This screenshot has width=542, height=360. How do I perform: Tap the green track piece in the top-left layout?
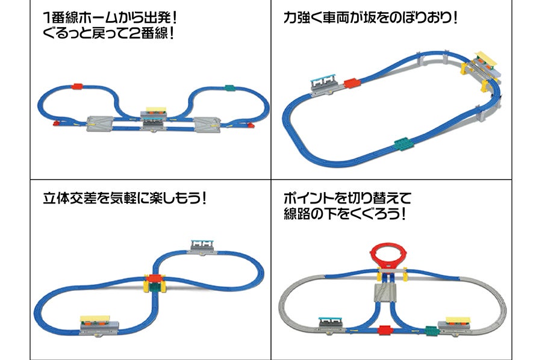point(229,87)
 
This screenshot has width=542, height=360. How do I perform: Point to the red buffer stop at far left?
point(57,123)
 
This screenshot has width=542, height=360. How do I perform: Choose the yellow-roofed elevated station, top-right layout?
point(485,61)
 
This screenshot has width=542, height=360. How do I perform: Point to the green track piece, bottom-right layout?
point(431,331)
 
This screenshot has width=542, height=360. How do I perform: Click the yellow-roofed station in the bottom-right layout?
point(458,323)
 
